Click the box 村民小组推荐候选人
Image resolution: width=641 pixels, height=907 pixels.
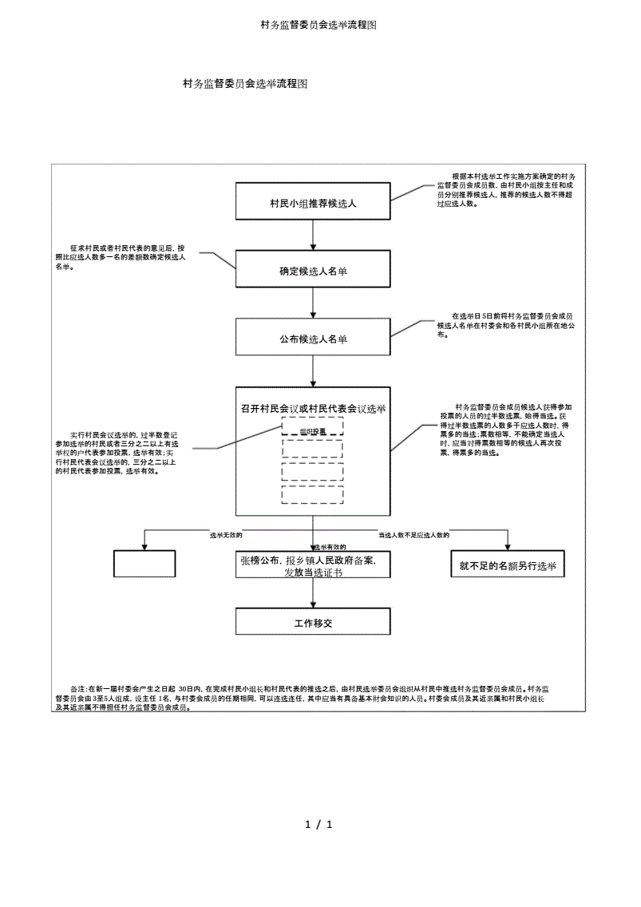pos(313,203)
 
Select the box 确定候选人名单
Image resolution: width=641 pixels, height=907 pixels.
pos(313,271)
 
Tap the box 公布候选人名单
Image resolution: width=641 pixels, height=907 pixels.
pos(313,339)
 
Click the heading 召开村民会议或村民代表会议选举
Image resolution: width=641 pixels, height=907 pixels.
pos(313,408)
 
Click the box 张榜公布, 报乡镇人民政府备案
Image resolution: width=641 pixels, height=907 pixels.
pos(313,566)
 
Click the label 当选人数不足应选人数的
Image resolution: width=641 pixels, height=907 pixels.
pos(414,534)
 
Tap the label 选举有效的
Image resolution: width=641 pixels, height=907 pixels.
pos(329,546)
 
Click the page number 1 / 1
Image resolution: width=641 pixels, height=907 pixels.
pos(319,824)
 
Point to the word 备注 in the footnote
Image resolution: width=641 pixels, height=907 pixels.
pos(78,687)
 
